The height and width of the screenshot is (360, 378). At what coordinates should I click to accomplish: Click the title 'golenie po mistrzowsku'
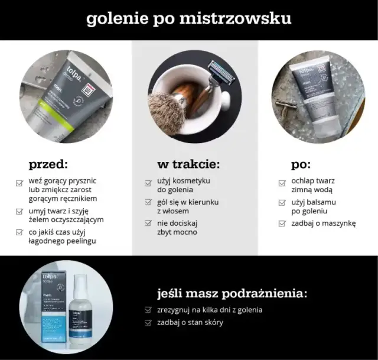[x=188, y=18]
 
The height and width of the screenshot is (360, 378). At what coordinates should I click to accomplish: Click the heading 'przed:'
[x=48, y=164]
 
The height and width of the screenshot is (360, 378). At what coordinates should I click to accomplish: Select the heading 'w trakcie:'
[x=188, y=164]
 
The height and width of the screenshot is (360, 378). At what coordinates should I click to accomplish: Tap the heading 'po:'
[x=300, y=164]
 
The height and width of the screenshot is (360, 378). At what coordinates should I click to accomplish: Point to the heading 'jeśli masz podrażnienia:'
[x=232, y=293]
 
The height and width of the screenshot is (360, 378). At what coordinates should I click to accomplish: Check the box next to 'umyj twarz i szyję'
[x=19, y=212]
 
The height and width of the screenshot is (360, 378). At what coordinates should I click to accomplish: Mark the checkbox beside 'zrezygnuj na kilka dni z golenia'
[x=148, y=310]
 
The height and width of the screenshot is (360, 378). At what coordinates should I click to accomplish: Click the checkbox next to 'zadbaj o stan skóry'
[x=148, y=323]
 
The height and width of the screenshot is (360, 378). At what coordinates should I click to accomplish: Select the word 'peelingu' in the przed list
[x=79, y=241]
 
